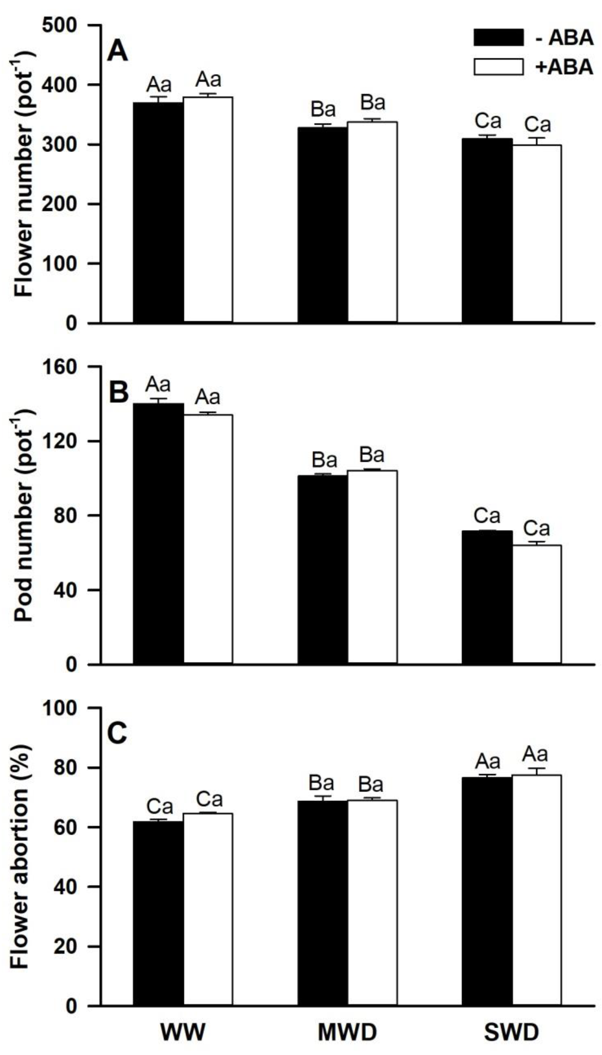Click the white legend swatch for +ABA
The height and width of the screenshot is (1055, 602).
pos(498,66)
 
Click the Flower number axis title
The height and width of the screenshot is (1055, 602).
pos(24,173)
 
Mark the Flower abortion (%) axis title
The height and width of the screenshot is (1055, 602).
pos(21,855)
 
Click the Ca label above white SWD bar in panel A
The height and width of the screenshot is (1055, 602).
pos(538,124)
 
